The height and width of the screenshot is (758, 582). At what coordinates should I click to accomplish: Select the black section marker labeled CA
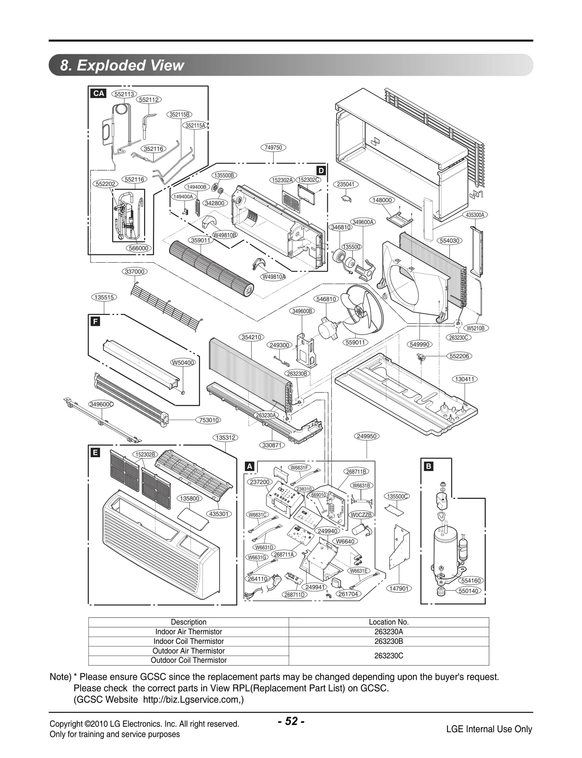coord(99,93)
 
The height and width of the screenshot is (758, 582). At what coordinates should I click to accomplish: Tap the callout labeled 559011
coord(355,342)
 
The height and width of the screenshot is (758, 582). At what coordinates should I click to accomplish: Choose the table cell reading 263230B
coord(388,641)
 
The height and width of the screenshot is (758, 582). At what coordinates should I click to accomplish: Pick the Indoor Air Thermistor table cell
coord(188,632)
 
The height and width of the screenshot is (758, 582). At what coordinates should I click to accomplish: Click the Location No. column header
coord(388,622)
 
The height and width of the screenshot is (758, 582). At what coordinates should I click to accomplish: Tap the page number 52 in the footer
coord(291,721)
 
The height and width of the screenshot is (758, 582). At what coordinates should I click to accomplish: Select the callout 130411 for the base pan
coord(465,379)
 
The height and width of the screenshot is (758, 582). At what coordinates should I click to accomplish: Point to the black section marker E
coord(95,452)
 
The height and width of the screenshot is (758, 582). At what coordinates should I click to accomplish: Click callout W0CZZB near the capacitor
coord(361,515)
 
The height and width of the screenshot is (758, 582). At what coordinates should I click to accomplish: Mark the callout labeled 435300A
coord(475,215)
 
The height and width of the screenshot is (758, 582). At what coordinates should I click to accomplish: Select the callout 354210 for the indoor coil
coord(252,337)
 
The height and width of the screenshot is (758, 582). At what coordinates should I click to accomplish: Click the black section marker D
coord(321,171)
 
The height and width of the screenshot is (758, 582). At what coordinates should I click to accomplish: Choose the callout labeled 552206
coord(459,356)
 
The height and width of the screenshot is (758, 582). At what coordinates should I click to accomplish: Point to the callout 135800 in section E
coord(190,498)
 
